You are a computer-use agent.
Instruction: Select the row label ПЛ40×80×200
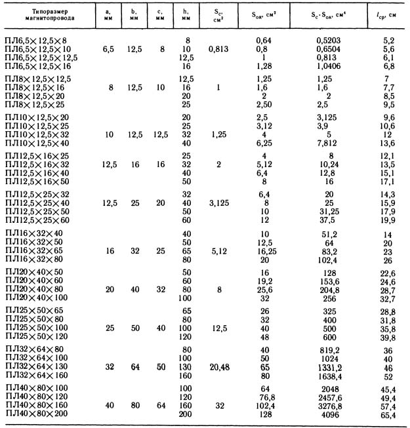(41, 414)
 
